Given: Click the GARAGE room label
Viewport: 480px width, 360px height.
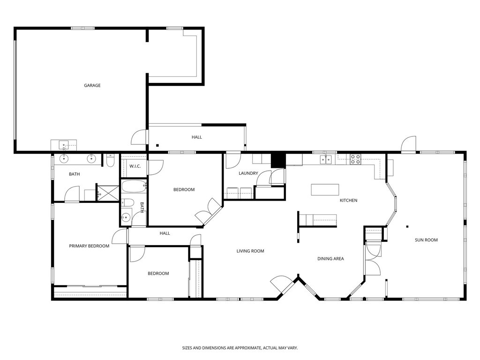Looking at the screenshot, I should [92, 85].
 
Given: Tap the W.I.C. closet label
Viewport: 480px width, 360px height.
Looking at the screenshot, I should [135, 166].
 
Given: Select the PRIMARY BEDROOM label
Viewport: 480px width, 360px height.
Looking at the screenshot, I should [89, 246].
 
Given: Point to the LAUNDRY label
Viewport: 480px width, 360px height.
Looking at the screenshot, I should [248, 173].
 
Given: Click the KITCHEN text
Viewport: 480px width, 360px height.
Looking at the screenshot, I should [348, 201].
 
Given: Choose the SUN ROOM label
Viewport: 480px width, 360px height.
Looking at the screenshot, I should [426, 240].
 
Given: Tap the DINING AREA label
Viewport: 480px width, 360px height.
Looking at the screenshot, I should [330, 259].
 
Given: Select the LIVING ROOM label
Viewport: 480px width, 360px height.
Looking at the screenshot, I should [250, 251].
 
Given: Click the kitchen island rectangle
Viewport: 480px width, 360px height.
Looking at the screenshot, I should [325, 189].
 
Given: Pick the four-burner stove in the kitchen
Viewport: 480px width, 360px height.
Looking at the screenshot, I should [355, 159].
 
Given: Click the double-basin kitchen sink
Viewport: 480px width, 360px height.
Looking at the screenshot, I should [326, 160].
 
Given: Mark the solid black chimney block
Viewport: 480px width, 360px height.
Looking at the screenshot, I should [278, 160].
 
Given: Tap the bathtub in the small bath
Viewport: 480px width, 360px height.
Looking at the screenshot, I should [134, 187].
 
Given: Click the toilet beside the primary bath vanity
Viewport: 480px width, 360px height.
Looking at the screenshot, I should [110, 161].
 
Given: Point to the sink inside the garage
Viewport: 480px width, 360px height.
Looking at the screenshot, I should [64, 145].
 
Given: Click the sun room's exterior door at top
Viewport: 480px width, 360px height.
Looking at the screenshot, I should [409, 144].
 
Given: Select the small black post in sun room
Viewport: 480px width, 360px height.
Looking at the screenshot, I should [407, 226].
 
